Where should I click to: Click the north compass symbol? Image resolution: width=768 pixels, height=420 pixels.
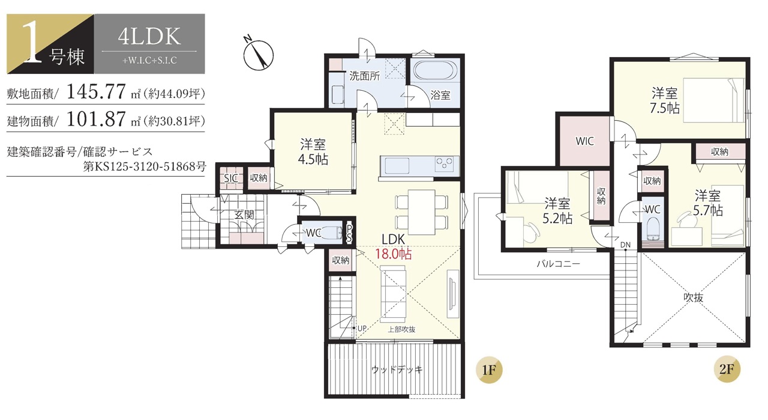point(258,53)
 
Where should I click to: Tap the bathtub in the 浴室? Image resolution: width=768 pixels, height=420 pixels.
point(435,71)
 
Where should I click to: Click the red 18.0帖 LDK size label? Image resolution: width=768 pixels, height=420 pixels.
point(393,254)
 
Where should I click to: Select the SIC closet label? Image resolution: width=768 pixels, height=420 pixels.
point(231,178)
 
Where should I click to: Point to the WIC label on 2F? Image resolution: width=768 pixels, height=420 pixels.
point(584,141)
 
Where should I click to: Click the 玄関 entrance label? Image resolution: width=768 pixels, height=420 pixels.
point(244,215)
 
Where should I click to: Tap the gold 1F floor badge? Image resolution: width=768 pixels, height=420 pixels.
point(489,370)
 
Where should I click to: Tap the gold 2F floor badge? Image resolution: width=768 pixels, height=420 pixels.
point(727,369)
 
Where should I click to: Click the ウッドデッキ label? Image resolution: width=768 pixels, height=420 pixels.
point(397,370)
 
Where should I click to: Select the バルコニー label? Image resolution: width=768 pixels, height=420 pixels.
point(558,264)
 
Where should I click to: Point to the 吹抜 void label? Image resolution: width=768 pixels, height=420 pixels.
point(693,297)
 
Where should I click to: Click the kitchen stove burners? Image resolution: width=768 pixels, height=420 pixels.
point(447,164)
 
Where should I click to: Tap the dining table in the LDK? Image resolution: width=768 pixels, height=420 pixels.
point(421,212)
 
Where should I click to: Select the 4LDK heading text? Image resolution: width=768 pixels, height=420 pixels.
point(149,37)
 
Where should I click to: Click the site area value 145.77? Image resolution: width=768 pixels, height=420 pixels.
point(97,92)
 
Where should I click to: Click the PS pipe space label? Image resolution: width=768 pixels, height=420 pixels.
point(349,233)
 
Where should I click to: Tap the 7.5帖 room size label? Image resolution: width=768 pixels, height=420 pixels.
point(664,108)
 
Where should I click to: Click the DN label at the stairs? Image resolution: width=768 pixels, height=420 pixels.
point(625,245)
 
